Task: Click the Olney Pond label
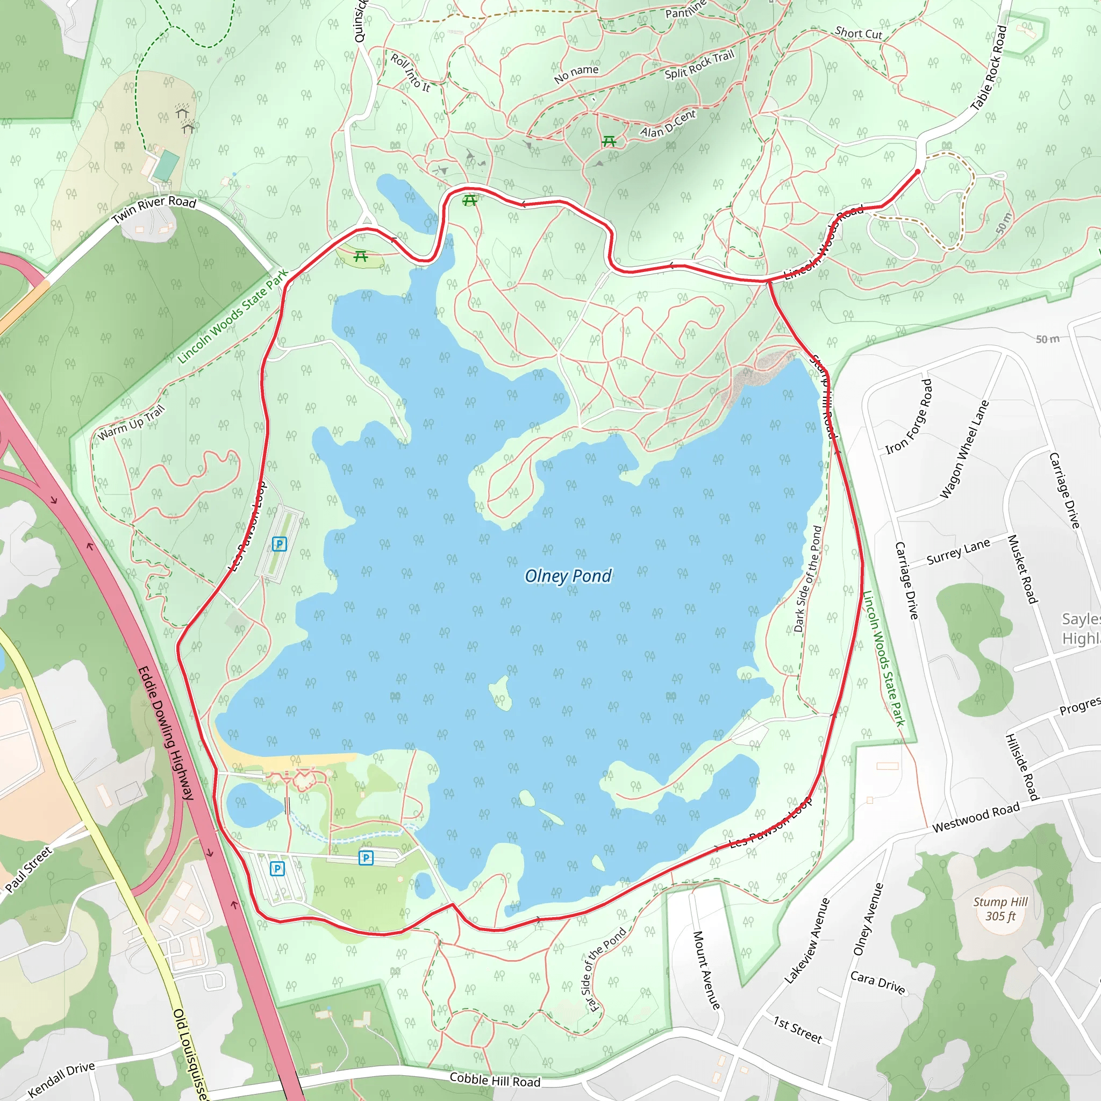click(x=568, y=576)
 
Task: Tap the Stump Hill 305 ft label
click(x=1000, y=909)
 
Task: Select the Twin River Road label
click(x=154, y=209)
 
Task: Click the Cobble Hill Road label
click(x=495, y=1079)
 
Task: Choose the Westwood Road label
click(x=976, y=818)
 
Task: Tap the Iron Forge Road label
click(x=909, y=417)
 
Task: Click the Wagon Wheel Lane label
click(x=964, y=449)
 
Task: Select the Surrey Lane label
click(x=958, y=551)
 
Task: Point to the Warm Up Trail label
click(x=131, y=422)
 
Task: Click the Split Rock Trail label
click(x=699, y=65)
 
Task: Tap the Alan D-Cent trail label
click(x=668, y=124)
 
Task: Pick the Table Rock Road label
click(x=989, y=68)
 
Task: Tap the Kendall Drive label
click(x=61, y=1079)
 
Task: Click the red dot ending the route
click(x=918, y=171)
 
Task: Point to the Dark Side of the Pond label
click(x=807, y=579)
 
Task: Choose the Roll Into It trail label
click(x=410, y=73)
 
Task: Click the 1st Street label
click(x=797, y=1029)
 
